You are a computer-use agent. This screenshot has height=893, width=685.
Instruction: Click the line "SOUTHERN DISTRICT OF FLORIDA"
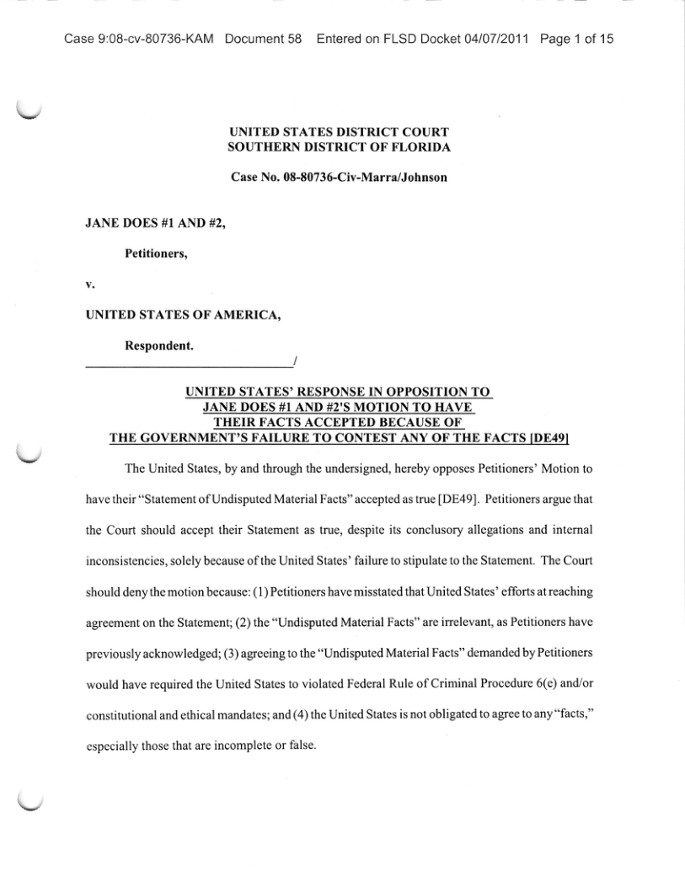(x=339, y=147)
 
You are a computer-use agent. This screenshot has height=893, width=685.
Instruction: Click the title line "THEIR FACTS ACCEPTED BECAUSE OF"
(x=339, y=422)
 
